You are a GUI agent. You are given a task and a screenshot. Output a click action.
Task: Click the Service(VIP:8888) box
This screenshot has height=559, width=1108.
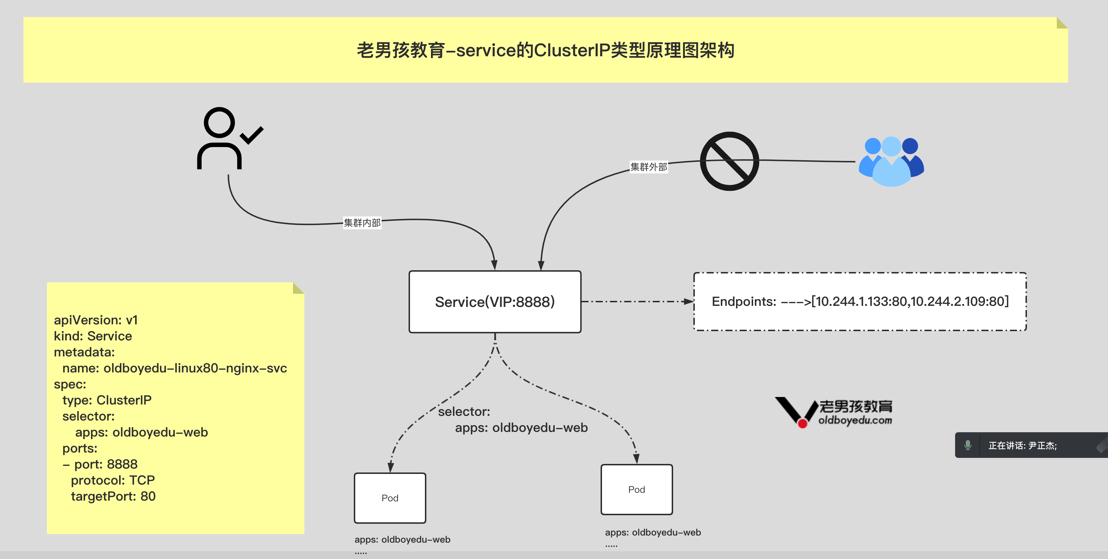coord(495,302)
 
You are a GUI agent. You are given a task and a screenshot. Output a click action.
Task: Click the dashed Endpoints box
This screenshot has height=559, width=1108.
coord(859,302)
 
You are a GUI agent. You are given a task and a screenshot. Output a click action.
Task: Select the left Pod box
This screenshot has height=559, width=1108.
coord(390,498)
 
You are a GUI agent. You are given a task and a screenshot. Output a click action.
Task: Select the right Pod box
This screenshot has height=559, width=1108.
coord(636,489)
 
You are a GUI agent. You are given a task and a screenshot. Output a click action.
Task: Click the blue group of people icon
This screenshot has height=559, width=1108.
coord(891,162)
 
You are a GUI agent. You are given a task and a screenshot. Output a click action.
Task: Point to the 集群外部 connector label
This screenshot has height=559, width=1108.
coord(648,167)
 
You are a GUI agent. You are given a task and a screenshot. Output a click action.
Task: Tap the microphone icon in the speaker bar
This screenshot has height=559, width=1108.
coord(968,445)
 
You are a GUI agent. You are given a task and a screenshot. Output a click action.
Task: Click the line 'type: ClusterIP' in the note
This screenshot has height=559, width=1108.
coord(107,400)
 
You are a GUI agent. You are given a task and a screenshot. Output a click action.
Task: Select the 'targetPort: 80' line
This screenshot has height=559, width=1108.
coord(113,496)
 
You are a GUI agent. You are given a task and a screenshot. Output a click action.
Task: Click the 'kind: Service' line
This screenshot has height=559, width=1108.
coord(93,336)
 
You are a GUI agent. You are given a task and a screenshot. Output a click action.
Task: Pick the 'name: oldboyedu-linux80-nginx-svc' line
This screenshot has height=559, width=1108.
coord(174,368)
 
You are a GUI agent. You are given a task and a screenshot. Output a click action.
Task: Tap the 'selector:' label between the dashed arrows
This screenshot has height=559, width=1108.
coord(464,412)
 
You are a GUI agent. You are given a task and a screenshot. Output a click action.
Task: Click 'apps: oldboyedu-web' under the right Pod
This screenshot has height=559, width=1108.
coord(652,532)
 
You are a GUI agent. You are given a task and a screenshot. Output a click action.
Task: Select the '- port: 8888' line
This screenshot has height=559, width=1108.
coord(100,464)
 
